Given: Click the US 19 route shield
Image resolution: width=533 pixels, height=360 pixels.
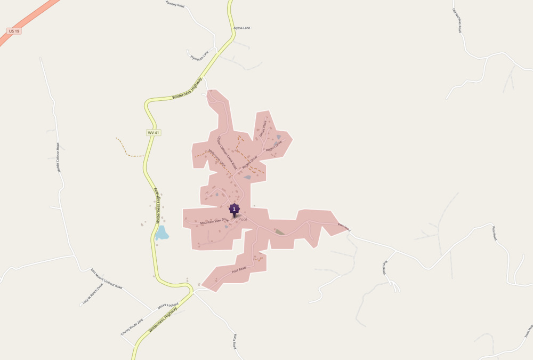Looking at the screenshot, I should point(14,31).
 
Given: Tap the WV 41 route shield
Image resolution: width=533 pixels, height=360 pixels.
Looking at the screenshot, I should point(154,132).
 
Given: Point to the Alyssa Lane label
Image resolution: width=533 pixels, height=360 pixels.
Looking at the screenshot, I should point(241,28).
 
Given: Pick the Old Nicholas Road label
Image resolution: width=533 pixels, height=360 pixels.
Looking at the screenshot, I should point(456,20).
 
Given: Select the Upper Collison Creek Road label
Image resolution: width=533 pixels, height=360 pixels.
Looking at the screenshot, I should point(227,153).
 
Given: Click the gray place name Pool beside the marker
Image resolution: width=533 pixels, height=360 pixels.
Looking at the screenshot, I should point(243,219).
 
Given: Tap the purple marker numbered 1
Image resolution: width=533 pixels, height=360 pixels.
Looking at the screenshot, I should point(234,210).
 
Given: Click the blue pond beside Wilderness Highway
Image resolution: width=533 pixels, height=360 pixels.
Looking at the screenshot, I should point(161,233).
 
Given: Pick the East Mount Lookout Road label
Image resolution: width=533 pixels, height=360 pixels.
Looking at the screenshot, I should point(106,279).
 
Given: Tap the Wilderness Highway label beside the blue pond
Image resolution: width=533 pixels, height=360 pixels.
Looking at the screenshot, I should point(158,205).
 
